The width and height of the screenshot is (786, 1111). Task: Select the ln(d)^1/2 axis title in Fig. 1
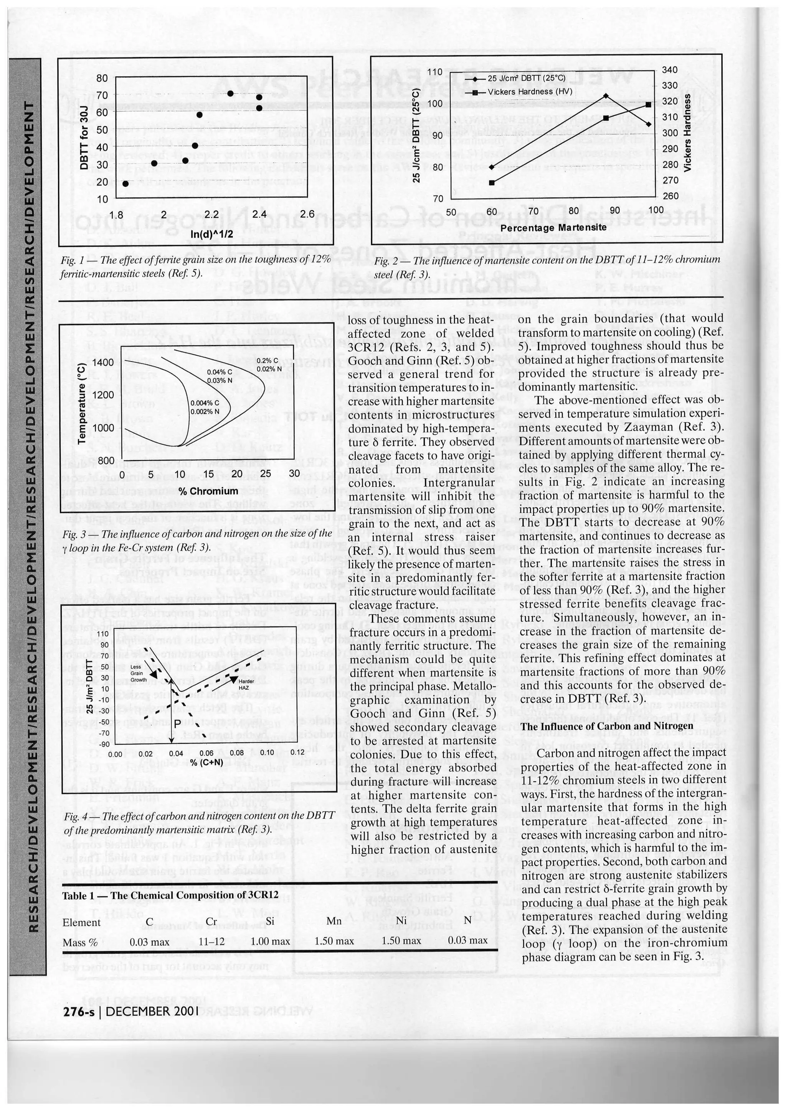click(x=211, y=234)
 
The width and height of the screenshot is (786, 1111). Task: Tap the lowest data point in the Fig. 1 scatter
click(x=125, y=183)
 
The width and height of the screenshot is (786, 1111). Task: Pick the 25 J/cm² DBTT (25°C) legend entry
click(x=526, y=78)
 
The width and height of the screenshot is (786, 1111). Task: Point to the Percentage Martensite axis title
click(x=553, y=227)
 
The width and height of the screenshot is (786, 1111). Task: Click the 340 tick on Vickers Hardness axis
click(x=669, y=70)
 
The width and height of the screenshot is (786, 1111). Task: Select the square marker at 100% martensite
click(x=649, y=105)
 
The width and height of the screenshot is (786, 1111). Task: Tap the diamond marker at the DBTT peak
click(x=606, y=96)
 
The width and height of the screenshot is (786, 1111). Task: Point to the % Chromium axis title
click(x=208, y=491)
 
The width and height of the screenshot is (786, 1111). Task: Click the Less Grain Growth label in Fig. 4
click(x=137, y=672)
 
